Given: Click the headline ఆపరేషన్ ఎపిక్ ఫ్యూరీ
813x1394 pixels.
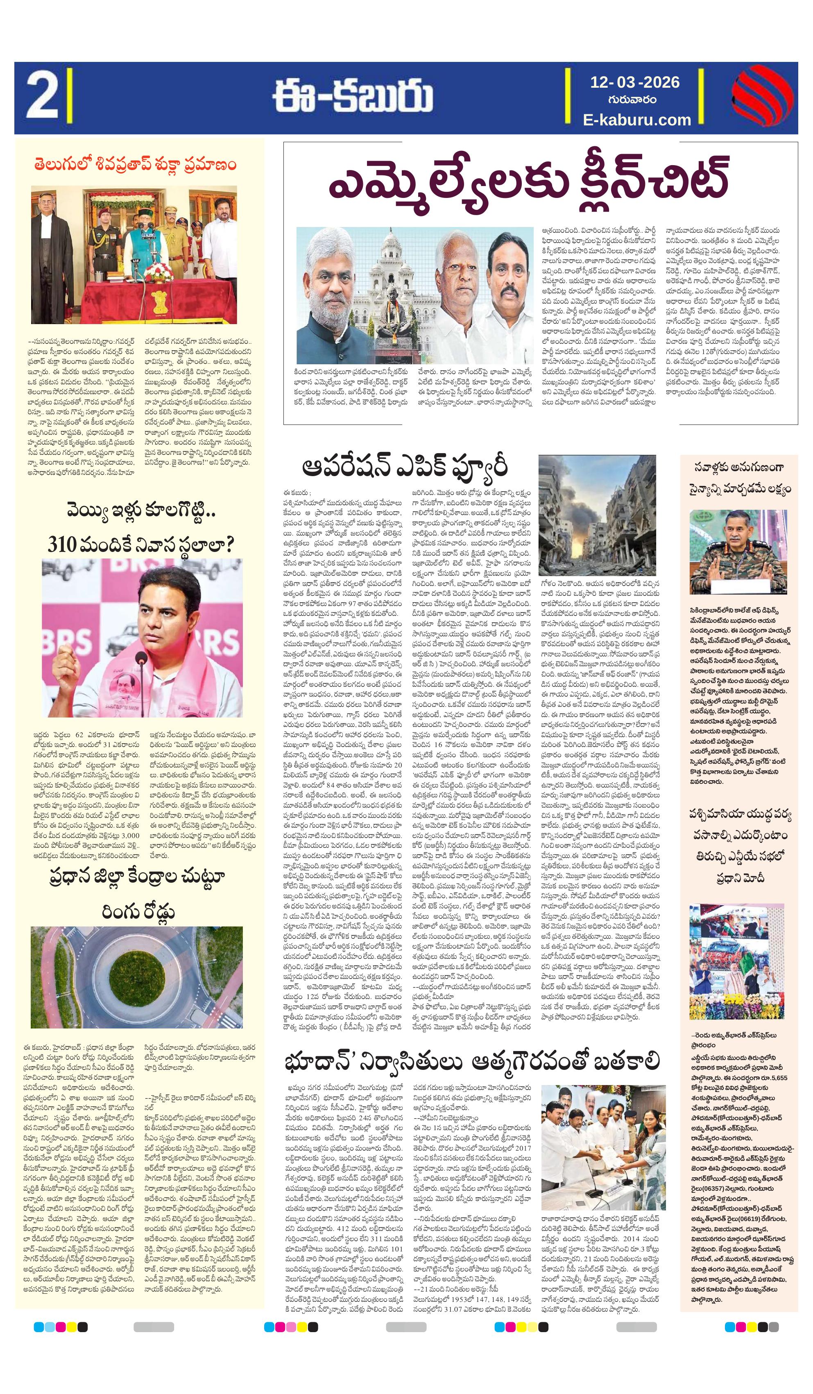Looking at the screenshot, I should coord(404,466).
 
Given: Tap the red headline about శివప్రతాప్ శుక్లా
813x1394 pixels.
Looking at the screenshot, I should coord(134,165).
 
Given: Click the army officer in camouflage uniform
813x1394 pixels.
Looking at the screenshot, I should coord(738,559).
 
